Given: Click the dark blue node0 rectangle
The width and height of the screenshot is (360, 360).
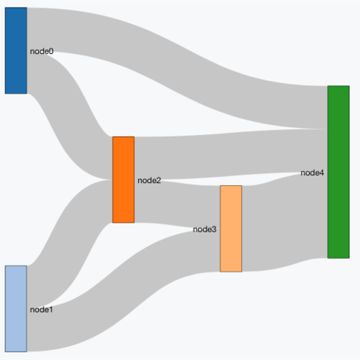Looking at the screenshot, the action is pyautogui.click(x=16, y=50).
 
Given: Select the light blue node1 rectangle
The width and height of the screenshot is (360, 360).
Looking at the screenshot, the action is pyautogui.click(x=16, y=309).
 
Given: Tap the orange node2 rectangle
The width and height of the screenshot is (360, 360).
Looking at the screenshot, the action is pyautogui.click(x=124, y=179).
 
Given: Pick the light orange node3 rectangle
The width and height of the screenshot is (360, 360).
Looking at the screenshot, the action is pyautogui.click(x=231, y=229).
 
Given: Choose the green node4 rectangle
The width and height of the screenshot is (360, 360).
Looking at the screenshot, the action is pyautogui.click(x=338, y=172).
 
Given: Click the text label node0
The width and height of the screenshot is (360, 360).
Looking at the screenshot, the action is pyautogui.click(x=42, y=51).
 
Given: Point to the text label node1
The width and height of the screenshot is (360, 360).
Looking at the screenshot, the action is pyautogui.click(x=41, y=310).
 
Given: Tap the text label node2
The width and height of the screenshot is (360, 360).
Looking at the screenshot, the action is pyautogui.click(x=149, y=180).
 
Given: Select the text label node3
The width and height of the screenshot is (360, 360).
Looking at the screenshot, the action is pyautogui.click(x=205, y=229).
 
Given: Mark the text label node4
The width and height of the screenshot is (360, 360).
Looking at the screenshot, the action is pyautogui.click(x=312, y=172).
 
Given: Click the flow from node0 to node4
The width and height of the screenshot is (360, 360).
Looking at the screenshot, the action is pyautogui.click(x=177, y=68).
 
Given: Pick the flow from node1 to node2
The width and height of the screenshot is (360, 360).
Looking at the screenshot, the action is pyautogui.click(x=70, y=244).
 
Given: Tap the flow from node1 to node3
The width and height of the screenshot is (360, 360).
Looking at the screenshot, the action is pyautogui.click(x=124, y=290).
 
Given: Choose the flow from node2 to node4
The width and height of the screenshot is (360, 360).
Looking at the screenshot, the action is pyautogui.click(x=231, y=154).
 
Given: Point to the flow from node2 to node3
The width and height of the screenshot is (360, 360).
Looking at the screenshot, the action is pyautogui.click(x=177, y=204).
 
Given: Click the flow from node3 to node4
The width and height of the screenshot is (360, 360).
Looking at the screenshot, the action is pyautogui.click(x=285, y=222).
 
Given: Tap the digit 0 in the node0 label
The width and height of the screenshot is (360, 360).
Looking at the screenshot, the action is pyautogui.click(x=51, y=51).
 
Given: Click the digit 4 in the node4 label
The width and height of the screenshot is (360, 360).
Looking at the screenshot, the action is pyautogui.click(x=322, y=172).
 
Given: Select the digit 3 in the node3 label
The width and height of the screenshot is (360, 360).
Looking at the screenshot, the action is pyautogui.click(x=214, y=229).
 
